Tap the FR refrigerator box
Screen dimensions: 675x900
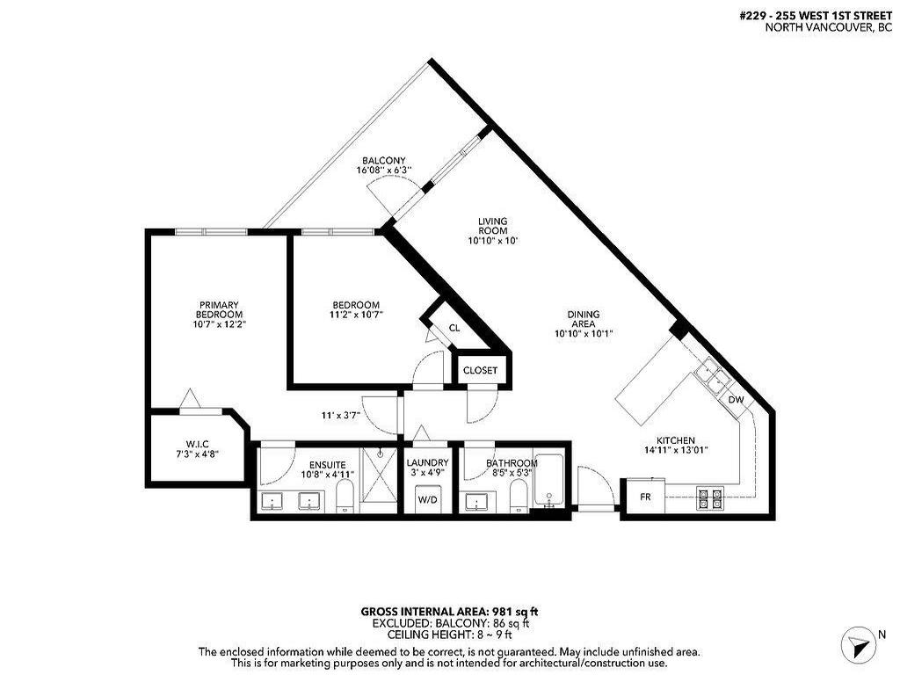coord(645,497)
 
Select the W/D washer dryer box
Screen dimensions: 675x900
coord(427,499)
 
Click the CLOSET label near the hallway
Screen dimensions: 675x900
coord(480,371)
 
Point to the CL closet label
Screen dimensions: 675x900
coord(454,328)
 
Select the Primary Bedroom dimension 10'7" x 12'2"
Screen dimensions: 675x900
coord(218,323)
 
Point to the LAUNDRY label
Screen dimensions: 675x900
coord(427,463)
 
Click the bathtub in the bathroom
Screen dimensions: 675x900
coord(550,481)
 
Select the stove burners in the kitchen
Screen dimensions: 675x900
coord(709,499)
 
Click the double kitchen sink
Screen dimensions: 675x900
coord(711,378)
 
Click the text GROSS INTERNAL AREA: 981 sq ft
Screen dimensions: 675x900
coord(449,611)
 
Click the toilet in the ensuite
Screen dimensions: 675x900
coord(345,497)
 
